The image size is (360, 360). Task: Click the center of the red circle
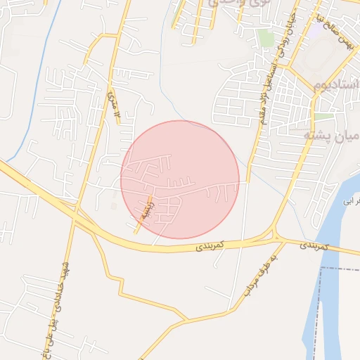[x=180, y=180]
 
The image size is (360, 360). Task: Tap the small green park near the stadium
[x=323, y=116]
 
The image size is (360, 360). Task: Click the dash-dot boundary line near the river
[x=337, y=268]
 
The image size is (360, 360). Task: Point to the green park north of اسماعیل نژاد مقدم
[x=264, y=37]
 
